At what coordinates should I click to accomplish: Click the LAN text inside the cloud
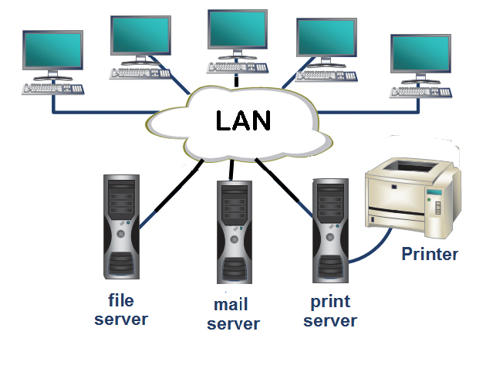click(x=243, y=121)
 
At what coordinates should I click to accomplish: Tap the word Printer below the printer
click(x=430, y=254)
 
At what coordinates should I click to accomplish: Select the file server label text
click(x=121, y=309)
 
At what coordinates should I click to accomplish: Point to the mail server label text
click(x=234, y=314)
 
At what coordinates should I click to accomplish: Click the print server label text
click(x=330, y=311)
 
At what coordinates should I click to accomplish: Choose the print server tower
click(x=330, y=232)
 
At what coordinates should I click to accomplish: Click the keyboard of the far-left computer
click(x=53, y=89)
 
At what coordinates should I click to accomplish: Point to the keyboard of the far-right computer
click(x=420, y=91)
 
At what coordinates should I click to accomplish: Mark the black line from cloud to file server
click(x=170, y=194)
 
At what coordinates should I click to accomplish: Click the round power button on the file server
click(x=120, y=232)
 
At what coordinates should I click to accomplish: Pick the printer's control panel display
click(x=437, y=192)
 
